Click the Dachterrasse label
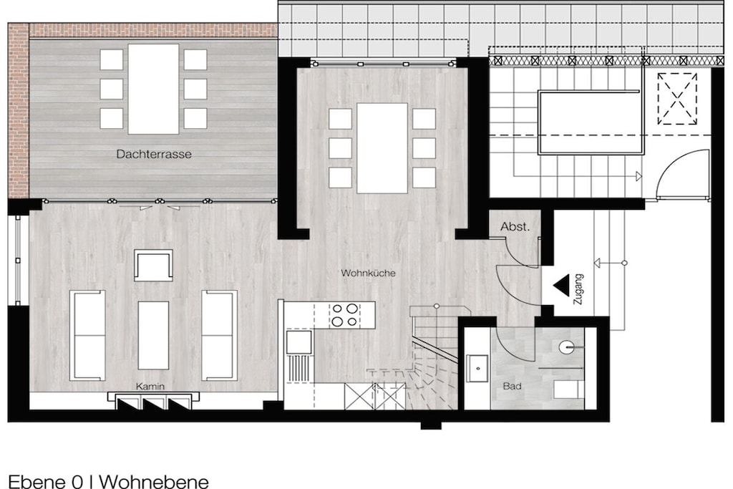tap(154, 154)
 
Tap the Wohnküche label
tap(368, 273)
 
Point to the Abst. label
tap(515, 227)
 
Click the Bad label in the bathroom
tap(512, 386)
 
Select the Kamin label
tap(150, 386)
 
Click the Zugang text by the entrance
tap(578, 289)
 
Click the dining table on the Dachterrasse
tap(153, 89)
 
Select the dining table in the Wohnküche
tap(382, 148)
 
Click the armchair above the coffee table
tap(153, 265)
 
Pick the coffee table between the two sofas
tap(153, 335)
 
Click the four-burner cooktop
tap(344, 315)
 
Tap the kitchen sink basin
tap(298, 342)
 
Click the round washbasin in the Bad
tap(567, 347)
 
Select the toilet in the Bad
tap(568, 389)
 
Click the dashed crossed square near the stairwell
tap(677, 99)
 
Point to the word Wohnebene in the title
tap(155, 482)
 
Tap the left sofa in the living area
tap(87, 335)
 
